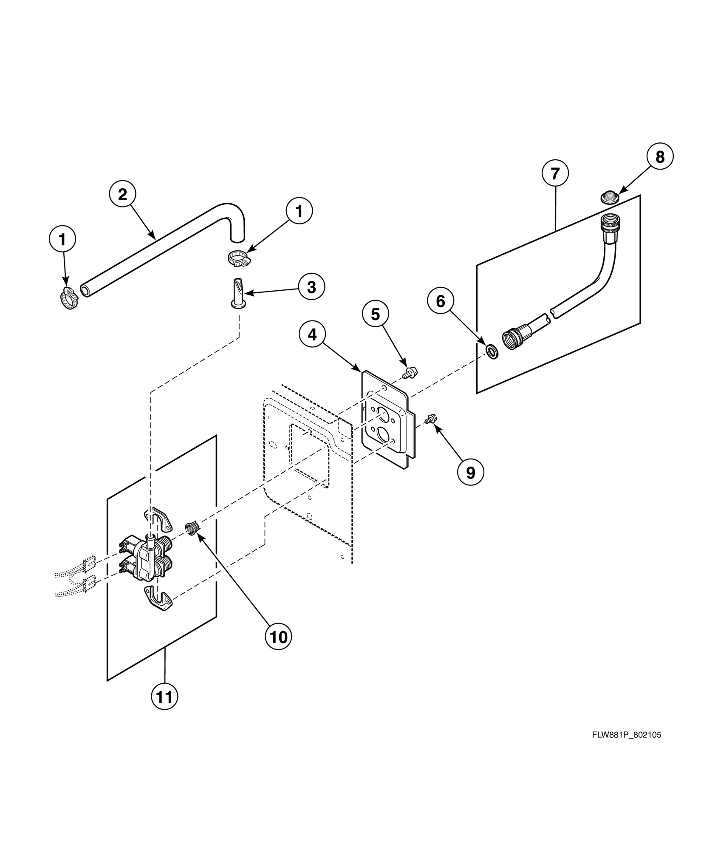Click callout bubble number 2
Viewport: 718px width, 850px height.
(x=122, y=195)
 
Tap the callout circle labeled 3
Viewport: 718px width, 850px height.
(x=311, y=287)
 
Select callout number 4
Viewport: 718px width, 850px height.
(x=312, y=335)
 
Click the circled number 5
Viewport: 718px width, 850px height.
(x=375, y=314)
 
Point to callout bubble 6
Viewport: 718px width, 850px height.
(x=441, y=301)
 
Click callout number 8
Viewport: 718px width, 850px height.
(x=660, y=157)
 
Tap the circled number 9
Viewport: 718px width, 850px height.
(x=471, y=472)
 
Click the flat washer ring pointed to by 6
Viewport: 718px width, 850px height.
(x=492, y=352)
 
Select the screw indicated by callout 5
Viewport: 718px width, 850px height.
(x=410, y=373)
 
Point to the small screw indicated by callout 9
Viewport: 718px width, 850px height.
(x=430, y=419)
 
